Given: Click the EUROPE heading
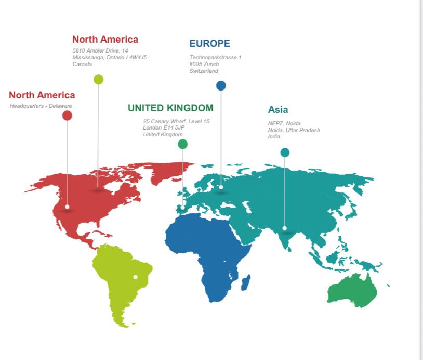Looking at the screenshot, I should pyautogui.click(x=209, y=44).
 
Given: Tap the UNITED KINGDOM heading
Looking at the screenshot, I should pyautogui.click(x=170, y=108).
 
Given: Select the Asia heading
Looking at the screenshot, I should pyautogui.click(x=277, y=110).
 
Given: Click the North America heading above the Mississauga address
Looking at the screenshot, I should pyautogui.click(x=105, y=40).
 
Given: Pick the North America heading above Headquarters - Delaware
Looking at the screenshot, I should pyautogui.click(x=42, y=95).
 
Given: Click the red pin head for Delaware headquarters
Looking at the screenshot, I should pyautogui.click(x=67, y=115).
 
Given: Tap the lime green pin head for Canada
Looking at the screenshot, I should pyautogui.click(x=98, y=80).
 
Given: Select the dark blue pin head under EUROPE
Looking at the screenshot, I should pyautogui.click(x=221, y=86).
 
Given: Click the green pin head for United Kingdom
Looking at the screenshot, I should pyautogui.click(x=182, y=144).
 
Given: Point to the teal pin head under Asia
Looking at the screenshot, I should pyautogui.click(x=285, y=152).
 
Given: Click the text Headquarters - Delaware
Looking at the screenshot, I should pyautogui.click(x=41, y=106).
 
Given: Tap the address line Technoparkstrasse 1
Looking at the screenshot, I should pyautogui.click(x=215, y=57).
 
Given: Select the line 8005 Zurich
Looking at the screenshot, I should pyautogui.click(x=204, y=64).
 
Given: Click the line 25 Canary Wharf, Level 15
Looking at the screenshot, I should pyautogui.click(x=176, y=122).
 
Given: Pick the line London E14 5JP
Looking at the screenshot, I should pyautogui.click(x=164, y=128).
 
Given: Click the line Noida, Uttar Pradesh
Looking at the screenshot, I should pyautogui.click(x=294, y=130).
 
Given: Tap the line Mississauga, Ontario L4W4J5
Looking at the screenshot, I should pyautogui.click(x=109, y=57).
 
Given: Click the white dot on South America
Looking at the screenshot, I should pyautogui.click(x=135, y=277).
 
